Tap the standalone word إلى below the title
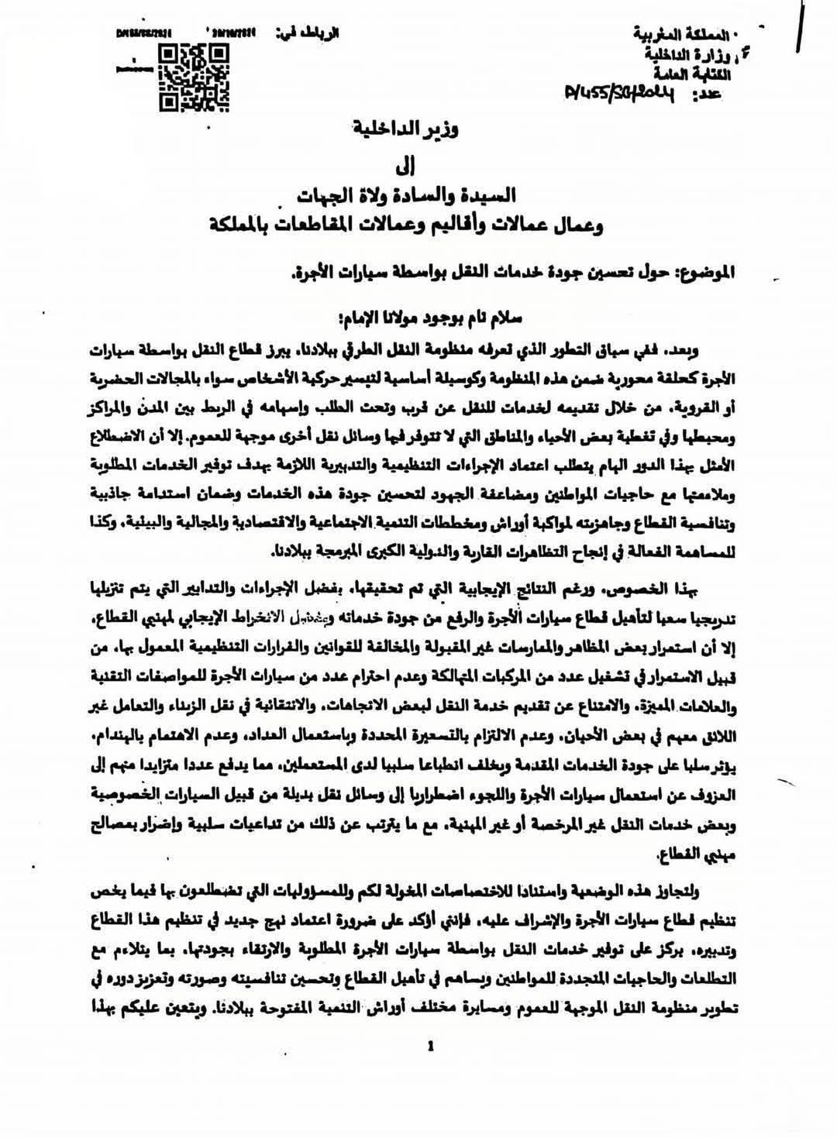pyautogui.click(x=418, y=164)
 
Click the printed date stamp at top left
pyautogui.click(x=144, y=33)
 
